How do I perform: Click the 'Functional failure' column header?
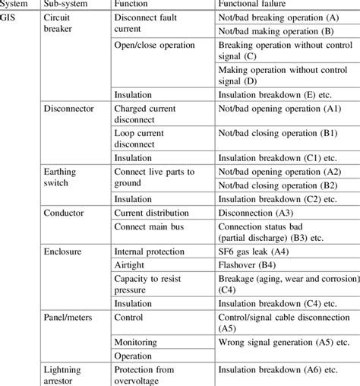253,4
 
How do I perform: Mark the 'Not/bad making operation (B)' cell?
276,31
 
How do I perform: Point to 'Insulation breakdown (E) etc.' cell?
277,96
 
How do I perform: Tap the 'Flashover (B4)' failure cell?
248,264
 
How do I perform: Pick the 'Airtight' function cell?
131,264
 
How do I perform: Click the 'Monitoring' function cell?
137,341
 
